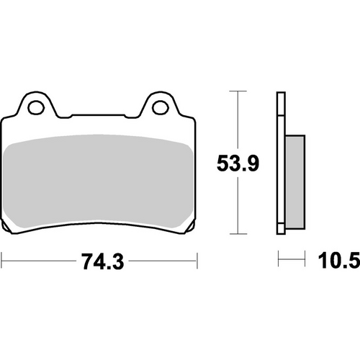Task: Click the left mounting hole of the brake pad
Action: coord(34,108)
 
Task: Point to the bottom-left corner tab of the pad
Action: coord(10,230)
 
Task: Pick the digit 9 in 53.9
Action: coord(255,164)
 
